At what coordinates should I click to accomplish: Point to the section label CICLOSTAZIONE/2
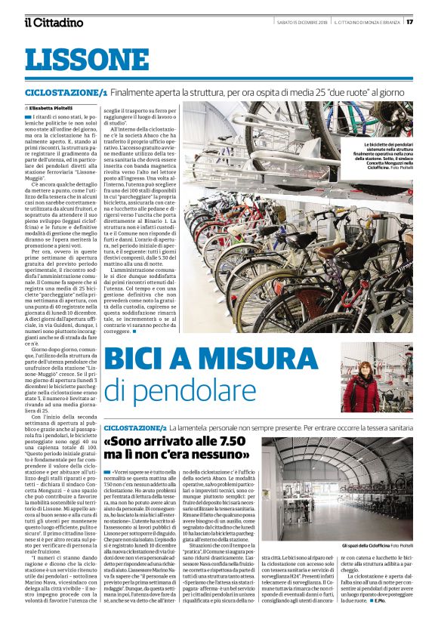pyautogui.click(x=135, y=427)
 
